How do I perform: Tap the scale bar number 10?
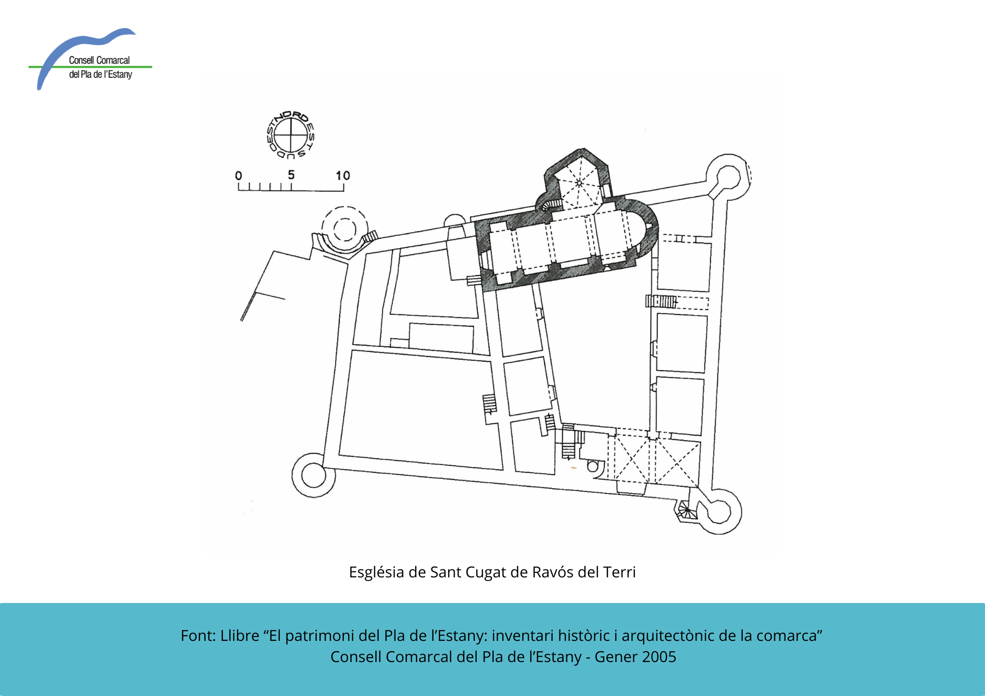click(343, 176)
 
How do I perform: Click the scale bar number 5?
click(291, 175)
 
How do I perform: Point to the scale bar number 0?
click(238, 176)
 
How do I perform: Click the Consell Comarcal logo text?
click(100, 67)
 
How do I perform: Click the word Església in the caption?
click(376, 572)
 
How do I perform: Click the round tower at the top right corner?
click(728, 176)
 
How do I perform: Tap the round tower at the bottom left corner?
click(314, 475)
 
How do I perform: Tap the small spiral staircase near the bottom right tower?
click(686, 511)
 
